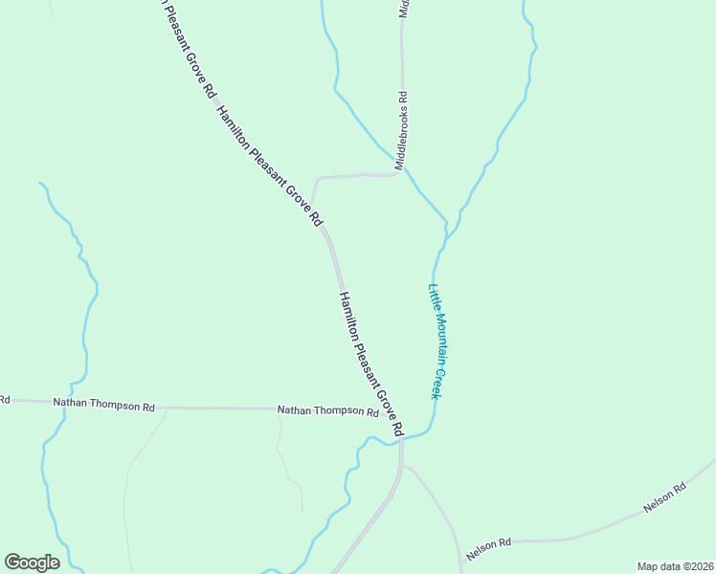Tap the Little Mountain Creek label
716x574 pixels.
pos(439,342)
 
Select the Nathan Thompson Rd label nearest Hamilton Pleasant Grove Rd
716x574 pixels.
pos(328,411)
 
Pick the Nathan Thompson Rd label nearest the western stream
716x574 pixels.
pos(103,405)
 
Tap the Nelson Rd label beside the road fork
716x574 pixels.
pos(489,549)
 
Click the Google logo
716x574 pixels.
pos(32,563)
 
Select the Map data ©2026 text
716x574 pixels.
pos(675,565)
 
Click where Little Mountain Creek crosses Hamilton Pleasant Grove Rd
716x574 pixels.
pos(402,439)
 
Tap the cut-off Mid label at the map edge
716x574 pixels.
pos(404,9)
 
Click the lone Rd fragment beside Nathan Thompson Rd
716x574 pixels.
pos(4,399)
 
